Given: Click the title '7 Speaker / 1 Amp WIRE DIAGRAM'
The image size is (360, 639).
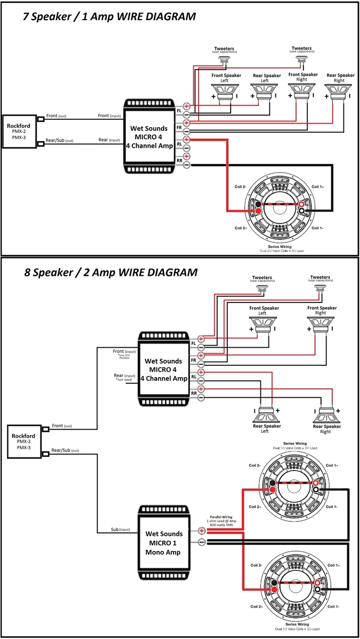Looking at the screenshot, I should pos(109,17).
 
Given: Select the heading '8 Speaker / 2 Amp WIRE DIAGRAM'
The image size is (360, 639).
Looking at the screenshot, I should pos(110,272).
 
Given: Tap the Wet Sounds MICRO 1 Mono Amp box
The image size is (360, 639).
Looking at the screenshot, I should pos(164,543).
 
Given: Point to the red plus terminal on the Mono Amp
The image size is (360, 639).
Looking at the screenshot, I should pos(202,530).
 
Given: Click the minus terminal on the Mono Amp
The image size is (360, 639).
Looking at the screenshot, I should pos(202,542).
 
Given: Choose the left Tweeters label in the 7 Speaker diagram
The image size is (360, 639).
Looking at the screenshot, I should pos(225,50).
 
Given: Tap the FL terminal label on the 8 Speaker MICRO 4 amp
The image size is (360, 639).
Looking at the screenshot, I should pos(194,343).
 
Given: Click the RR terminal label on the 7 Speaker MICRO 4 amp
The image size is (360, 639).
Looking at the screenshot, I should pos(179,160).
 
